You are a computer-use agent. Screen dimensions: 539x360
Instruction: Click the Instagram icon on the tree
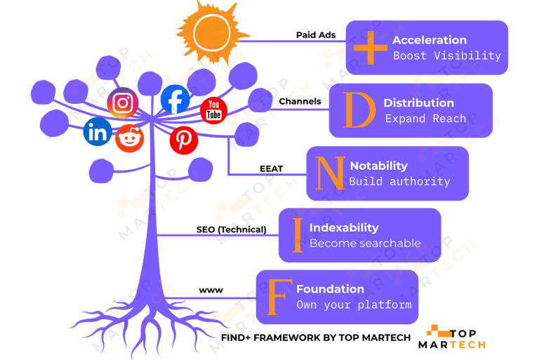point(123,103)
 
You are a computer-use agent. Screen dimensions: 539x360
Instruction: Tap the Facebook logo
point(175,99)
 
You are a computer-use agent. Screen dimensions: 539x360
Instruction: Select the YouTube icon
point(213,111)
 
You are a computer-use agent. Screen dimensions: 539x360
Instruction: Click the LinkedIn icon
point(98,131)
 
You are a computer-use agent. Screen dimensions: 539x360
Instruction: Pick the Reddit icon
point(130,138)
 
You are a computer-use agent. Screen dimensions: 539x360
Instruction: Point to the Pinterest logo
point(184,140)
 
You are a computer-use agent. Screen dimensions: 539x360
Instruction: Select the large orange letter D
point(359,110)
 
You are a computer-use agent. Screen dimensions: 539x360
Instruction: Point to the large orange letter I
point(298,235)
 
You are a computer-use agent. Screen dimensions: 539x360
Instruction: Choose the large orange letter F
point(277,297)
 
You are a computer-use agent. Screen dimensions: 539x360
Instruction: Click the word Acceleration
point(430,40)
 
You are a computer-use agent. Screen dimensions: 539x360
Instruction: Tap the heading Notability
point(378,166)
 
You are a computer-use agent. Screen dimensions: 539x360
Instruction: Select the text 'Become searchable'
point(365,244)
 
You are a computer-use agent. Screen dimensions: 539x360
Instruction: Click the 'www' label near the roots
point(211,291)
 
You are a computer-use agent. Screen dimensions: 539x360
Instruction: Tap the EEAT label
point(272,168)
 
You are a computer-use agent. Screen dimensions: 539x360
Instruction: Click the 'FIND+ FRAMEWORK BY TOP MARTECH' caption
point(316,338)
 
